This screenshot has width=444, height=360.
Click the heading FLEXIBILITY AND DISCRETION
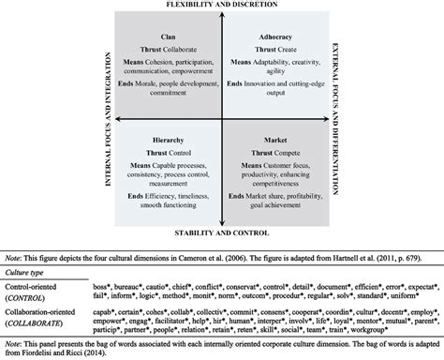coord(221,7)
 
